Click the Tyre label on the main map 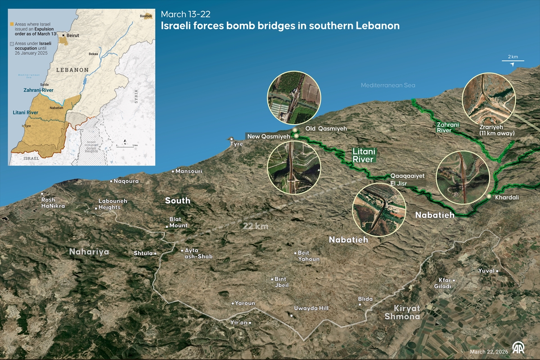point(236,144)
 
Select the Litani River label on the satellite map point(364,156)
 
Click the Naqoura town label point(126,181)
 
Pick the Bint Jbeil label point(281,282)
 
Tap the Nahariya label point(89,252)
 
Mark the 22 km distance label point(256,226)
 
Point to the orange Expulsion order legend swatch point(12,23)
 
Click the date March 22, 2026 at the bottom point(488,351)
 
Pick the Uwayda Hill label point(311,308)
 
